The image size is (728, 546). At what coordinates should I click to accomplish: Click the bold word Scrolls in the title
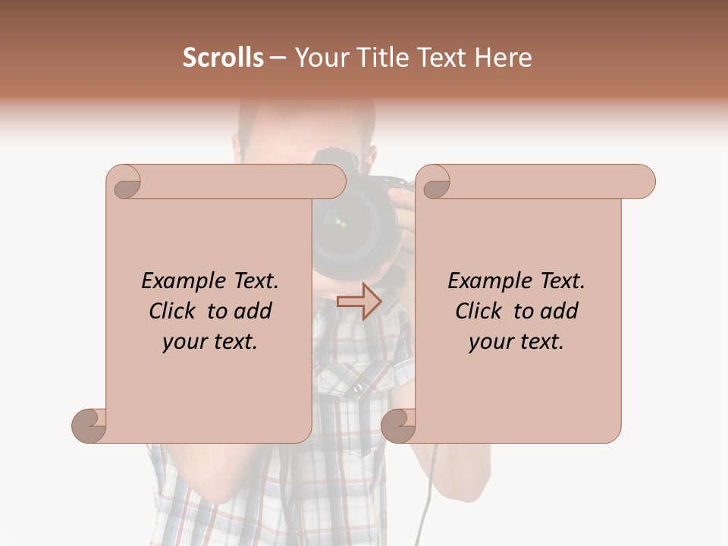[223, 58]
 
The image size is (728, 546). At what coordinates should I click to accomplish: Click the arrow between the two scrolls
[359, 301]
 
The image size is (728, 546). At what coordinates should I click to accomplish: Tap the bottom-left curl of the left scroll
[89, 425]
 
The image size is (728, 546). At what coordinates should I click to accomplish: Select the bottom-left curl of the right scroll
[399, 425]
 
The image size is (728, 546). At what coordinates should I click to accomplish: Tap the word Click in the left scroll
[174, 311]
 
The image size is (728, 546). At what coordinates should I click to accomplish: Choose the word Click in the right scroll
[480, 311]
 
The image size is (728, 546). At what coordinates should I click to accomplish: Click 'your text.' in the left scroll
[210, 342]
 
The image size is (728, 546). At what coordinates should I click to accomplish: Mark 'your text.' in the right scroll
[516, 342]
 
